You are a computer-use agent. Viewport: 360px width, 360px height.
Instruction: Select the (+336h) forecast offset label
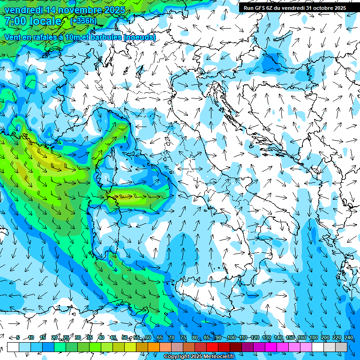83,21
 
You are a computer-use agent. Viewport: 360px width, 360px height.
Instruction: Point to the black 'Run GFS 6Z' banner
294,8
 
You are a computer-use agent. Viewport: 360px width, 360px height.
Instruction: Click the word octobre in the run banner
321,8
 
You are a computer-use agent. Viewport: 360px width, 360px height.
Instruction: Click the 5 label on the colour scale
18,337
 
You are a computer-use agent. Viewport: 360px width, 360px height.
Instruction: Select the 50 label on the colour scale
124,337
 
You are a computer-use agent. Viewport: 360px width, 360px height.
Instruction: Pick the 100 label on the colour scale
231,337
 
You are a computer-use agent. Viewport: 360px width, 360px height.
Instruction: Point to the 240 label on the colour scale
349,337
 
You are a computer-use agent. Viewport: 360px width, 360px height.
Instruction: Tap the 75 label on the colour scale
183,337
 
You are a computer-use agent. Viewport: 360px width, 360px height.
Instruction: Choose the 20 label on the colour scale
54,337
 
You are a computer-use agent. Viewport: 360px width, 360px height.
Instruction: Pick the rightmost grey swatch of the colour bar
341,347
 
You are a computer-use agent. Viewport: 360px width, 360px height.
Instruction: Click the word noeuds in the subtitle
140,37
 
